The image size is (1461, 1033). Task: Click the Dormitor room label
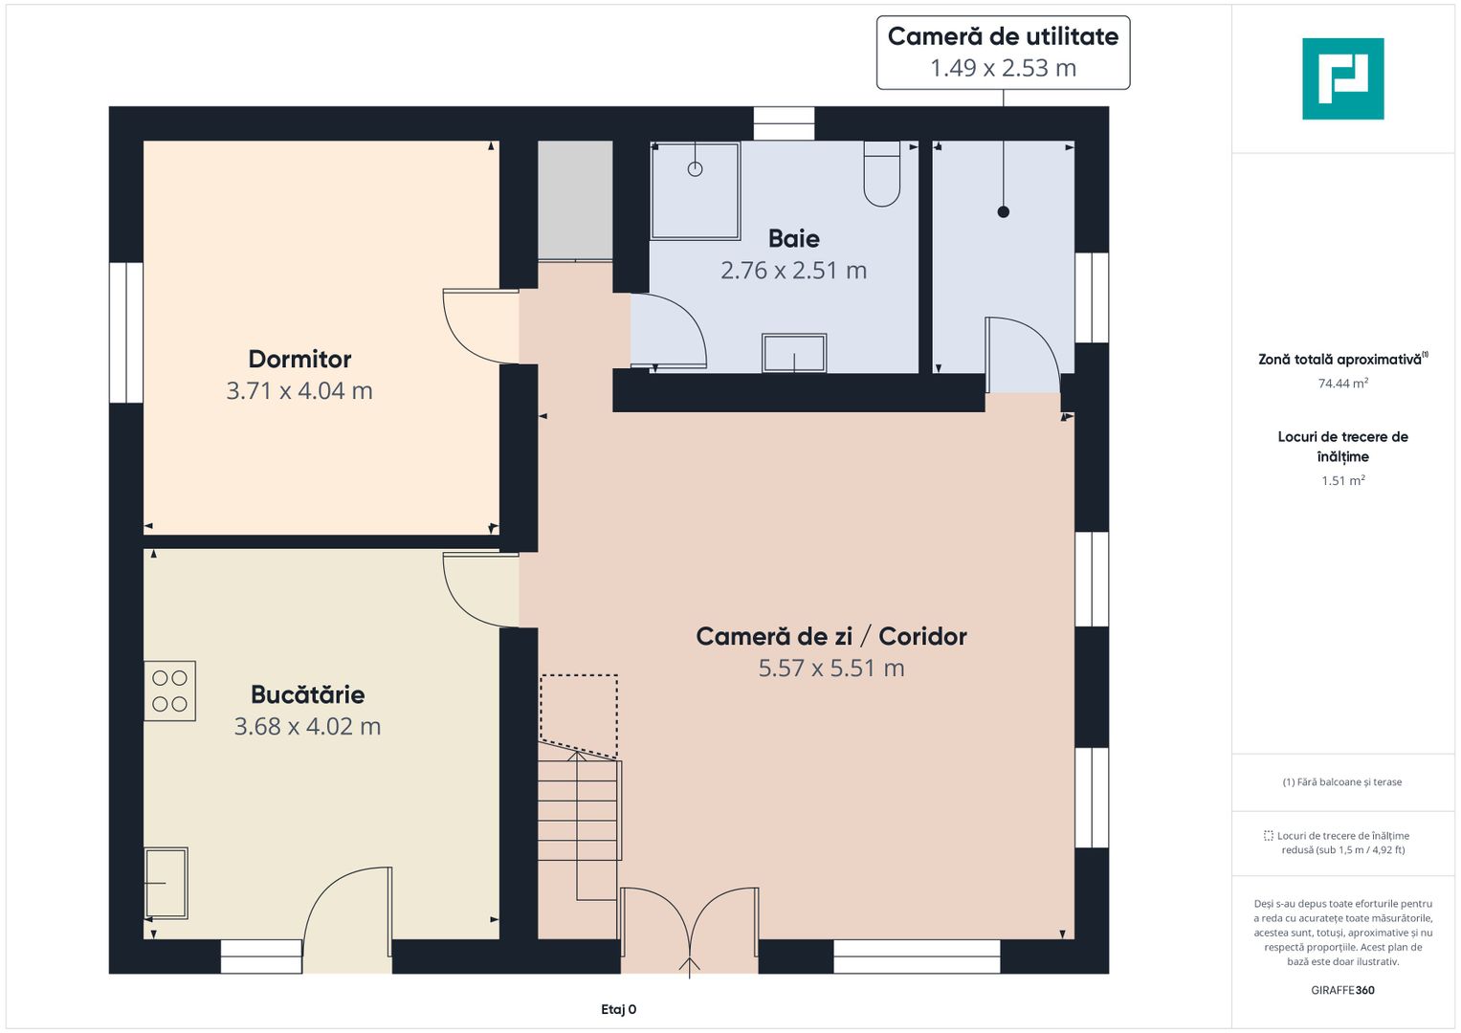tap(299, 360)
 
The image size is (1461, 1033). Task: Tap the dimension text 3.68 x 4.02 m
tap(307, 727)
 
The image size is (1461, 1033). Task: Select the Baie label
tap(794, 239)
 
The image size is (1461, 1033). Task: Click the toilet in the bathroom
tap(882, 173)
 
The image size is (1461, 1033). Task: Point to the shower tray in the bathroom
tap(696, 191)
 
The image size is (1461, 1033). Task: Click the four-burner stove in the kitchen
tap(169, 691)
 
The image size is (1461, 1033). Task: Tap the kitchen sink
tap(166, 883)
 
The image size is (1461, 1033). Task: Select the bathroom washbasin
tap(794, 354)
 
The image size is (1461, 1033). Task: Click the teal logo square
tap(1343, 78)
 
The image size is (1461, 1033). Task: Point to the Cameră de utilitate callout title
tap(1003, 36)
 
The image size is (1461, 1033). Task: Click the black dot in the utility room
tap(1003, 212)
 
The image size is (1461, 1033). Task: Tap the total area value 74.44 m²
tap(1343, 384)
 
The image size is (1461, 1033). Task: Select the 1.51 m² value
tap(1343, 480)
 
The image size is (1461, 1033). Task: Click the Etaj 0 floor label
tap(618, 1009)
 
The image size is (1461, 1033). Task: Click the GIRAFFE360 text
tap(1342, 990)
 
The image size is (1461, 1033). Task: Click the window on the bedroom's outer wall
tap(126, 333)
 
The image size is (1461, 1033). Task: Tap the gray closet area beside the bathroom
tap(575, 200)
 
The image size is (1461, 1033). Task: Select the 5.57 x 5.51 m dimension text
tap(830, 669)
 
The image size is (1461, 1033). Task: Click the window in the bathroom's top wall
tap(784, 123)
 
